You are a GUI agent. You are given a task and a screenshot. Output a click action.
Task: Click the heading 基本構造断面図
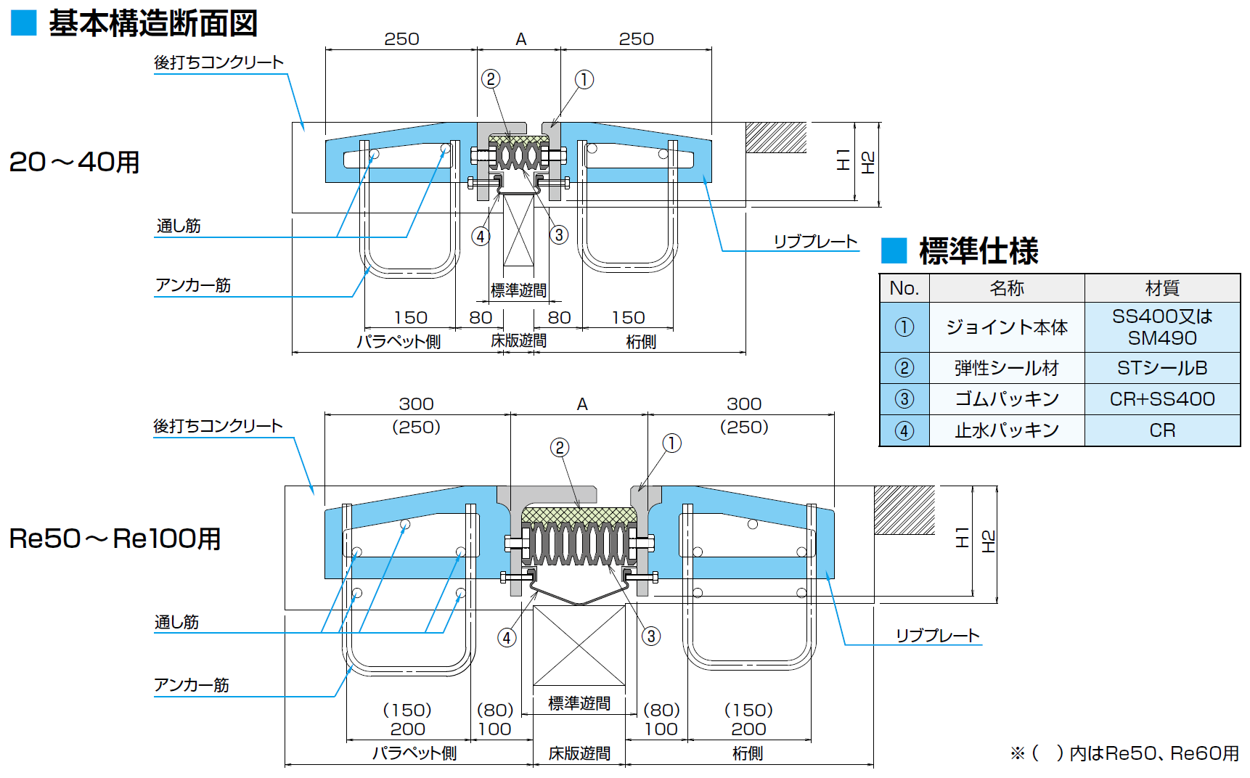click(152, 23)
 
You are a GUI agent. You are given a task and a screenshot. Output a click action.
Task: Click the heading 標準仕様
click(978, 251)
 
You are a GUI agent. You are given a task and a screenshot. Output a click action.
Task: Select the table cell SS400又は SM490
click(1161, 327)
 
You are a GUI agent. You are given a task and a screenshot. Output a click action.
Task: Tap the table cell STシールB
click(1161, 368)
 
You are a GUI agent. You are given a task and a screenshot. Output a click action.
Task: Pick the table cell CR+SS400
click(1161, 399)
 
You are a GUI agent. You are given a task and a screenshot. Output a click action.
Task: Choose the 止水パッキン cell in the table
click(1006, 430)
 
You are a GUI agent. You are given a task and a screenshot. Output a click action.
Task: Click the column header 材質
click(1161, 288)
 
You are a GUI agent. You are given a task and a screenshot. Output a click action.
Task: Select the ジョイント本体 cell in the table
click(1006, 327)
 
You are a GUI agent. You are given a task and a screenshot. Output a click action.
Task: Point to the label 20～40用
click(74, 162)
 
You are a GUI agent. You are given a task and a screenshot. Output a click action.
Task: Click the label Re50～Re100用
click(115, 539)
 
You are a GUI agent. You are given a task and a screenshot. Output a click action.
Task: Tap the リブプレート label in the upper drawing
click(815, 242)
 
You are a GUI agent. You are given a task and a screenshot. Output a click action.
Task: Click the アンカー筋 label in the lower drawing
click(192, 685)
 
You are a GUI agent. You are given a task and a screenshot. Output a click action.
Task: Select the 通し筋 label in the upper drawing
click(179, 226)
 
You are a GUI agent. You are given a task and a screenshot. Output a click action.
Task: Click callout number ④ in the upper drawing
click(480, 236)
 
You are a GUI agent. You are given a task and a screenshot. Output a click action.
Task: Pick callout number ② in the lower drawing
click(559, 448)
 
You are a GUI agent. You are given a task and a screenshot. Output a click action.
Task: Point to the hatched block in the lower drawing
click(904, 509)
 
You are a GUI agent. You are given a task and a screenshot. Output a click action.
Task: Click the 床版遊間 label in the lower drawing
click(579, 753)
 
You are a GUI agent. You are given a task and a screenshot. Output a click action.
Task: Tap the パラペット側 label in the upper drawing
click(399, 341)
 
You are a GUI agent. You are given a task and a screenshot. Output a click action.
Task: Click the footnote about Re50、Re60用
click(1124, 753)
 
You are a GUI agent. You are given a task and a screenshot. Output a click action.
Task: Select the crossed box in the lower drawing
click(579, 645)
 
